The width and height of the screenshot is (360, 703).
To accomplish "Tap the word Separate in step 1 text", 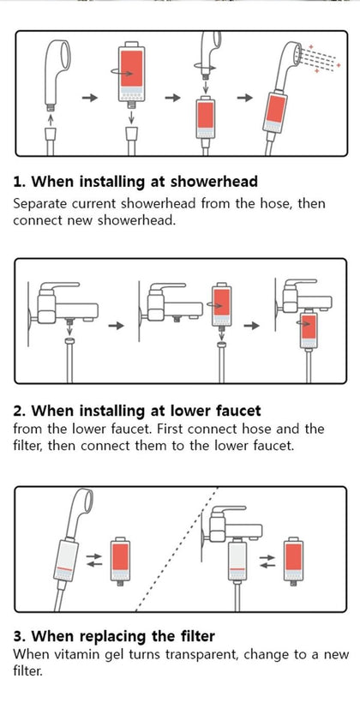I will (x=43, y=204).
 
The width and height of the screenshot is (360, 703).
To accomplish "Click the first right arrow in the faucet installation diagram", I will (x=116, y=326).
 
